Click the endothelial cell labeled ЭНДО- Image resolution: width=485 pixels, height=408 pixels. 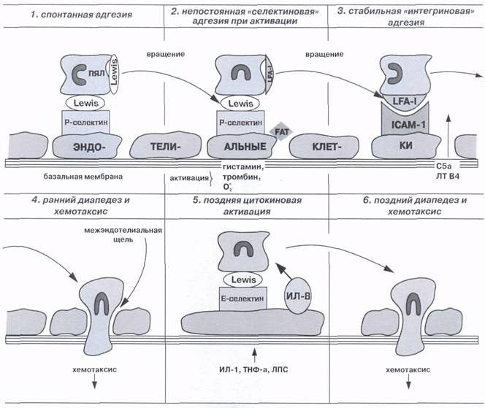(x=84, y=146)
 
